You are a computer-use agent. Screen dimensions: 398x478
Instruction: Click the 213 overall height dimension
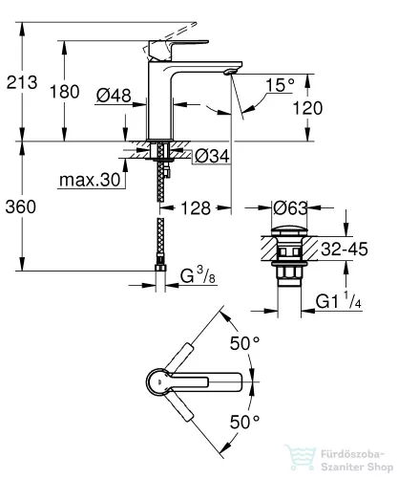click(x=22, y=82)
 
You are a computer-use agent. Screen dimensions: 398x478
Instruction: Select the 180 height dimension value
click(x=65, y=92)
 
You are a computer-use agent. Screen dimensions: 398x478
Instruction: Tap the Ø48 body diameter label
click(x=114, y=96)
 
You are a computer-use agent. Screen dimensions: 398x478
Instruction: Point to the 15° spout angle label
click(x=280, y=85)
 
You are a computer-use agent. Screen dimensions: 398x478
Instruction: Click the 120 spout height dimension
click(x=307, y=108)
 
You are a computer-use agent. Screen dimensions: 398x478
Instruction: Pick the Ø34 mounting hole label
click(x=212, y=156)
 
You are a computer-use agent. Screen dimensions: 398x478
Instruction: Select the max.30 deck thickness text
click(x=90, y=180)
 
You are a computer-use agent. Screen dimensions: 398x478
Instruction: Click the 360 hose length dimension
click(x=21, y=206)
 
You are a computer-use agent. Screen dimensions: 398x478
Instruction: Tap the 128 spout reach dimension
click(x=196, y=208)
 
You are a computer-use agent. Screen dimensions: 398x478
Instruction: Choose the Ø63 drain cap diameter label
click(x=290, y=208)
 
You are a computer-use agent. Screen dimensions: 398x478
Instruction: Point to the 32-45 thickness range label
click(x=345, y=249)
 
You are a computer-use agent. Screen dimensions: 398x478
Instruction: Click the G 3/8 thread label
click(x=198, y=275)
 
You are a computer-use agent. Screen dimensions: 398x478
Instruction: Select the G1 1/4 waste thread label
click(x=339, y=300)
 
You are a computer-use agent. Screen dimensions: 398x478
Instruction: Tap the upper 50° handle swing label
click(x=244, y=343)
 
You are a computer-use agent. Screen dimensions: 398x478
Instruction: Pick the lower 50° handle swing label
click(x=244, y=423)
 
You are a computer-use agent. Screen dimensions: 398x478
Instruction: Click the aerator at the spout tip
click(x=230, y=72)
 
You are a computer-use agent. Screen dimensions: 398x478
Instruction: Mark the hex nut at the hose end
click(x=160, y=267)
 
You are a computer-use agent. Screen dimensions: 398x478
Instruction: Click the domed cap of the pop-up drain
click(x=289, y=230)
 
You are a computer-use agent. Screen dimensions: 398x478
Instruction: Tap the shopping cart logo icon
click(x=300, y=457)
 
